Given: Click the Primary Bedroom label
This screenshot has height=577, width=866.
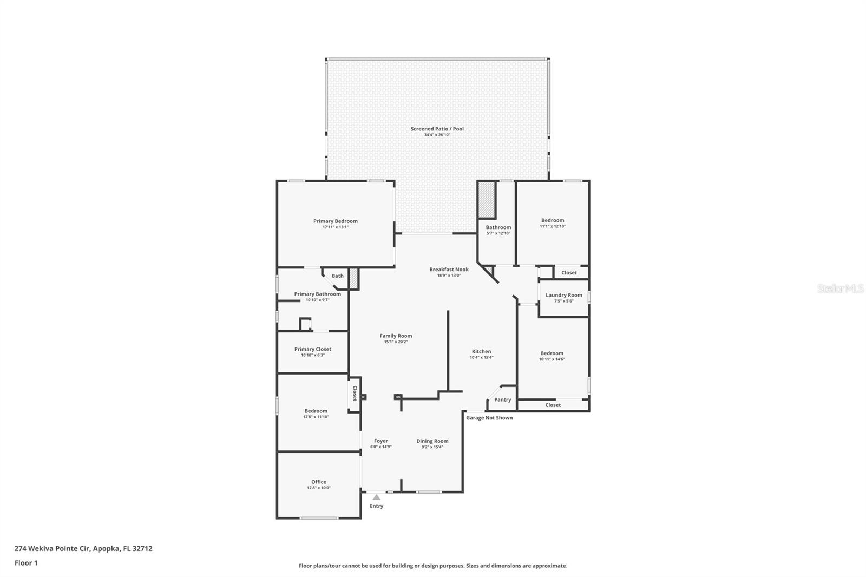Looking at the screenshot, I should tap(335, 221).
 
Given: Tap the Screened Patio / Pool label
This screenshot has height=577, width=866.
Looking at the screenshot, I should tap(437, 129).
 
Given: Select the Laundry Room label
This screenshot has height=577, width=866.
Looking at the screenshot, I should tap(563, 295).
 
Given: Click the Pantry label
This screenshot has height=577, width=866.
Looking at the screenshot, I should tap(502, 399).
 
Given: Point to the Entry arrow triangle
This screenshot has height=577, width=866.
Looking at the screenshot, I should tap(376, 497).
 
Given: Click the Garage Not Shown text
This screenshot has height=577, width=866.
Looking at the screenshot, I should tap(489, 417).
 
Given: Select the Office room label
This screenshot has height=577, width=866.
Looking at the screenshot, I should tap(318, 482).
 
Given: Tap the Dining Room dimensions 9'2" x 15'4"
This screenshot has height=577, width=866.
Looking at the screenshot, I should tap(432, 447).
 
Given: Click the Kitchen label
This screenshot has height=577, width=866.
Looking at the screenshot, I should tap(481, 351).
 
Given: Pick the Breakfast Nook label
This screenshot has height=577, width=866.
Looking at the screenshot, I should tap(449, 269).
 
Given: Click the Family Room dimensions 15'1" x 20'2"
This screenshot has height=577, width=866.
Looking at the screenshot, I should tap(396, 342).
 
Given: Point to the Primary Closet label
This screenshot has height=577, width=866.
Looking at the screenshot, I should tap(312, 349).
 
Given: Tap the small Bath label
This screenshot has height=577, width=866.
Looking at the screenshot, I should tap(337, 276).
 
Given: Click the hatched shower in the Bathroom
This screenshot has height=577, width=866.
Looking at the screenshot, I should tap(487, 200).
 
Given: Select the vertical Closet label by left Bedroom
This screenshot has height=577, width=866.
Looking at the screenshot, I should tap(355, 393).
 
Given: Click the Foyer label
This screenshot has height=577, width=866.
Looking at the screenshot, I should tap(380, 441).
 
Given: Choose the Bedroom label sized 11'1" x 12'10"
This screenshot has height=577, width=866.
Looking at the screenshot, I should tap(552, 220).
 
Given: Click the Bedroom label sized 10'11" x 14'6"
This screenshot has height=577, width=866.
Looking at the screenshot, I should tap(552, 353).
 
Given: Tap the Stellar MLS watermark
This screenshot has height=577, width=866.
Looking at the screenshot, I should tap(840, 289).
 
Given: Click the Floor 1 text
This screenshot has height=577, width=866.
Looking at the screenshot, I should tap(26, 563).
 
